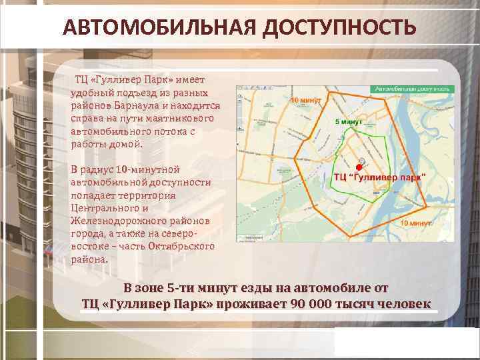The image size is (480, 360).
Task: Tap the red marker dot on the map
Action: coord(359,167)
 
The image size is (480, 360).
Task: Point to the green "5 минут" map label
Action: coord(347,123)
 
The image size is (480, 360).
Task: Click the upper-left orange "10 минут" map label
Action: coord(307,100)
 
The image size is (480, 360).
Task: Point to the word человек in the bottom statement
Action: coord(403,304)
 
